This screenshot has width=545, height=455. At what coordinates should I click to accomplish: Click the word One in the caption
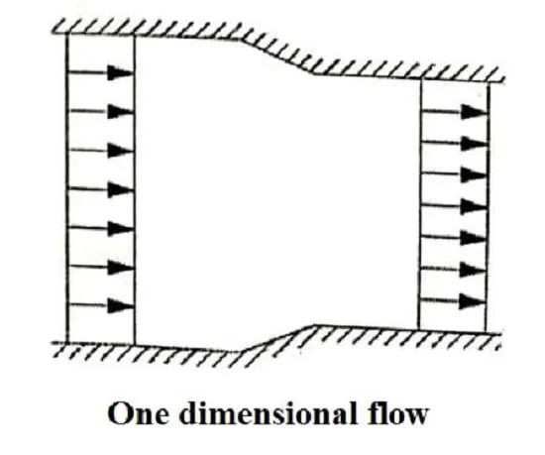[x=138, y=413]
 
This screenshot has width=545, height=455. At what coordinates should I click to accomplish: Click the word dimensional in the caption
[x=268, y=412]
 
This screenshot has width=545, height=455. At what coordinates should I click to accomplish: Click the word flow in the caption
[x=397, y=412]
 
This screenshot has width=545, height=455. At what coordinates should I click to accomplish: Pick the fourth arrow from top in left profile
[x=101, y=189]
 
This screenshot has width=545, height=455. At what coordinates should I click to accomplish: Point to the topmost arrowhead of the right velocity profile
[x=474, y=111]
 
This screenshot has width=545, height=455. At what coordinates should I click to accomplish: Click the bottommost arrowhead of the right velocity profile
[x=472, y=301]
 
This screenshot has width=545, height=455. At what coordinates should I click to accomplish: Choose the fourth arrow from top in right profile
[x=454, y=206]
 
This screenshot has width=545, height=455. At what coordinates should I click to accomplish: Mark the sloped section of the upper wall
[x=278, y=56]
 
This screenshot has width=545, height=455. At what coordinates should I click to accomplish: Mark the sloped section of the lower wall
[x=277, y=338]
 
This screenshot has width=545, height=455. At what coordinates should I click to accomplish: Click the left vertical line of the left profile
[x=66, y=186]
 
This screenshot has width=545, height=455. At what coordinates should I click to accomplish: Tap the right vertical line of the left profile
[x=135, y=189]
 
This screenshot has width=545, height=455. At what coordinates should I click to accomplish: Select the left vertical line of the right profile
[x=420, y=204]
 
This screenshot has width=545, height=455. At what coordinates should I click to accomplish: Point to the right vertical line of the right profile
[x=488, y=207]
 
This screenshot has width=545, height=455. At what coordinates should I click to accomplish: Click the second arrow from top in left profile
[x=101, y=112]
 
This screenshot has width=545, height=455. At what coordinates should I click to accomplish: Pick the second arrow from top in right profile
[x=454, y=143]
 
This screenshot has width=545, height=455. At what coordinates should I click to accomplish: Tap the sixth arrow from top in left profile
[x=101, y=267]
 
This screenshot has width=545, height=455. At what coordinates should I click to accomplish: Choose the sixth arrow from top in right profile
[x=453, y=269]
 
